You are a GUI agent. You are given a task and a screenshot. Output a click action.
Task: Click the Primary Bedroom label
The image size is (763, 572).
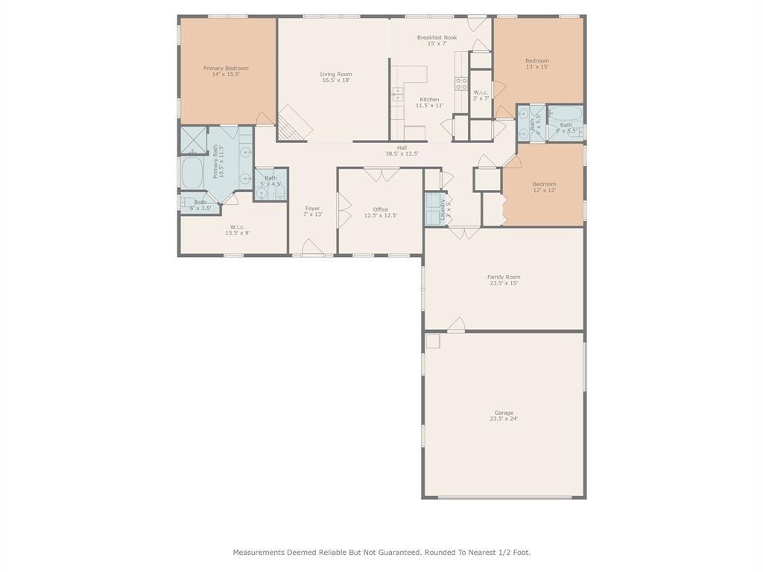coord(226,69)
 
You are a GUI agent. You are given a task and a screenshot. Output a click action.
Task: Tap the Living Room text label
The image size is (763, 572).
coord(336,74)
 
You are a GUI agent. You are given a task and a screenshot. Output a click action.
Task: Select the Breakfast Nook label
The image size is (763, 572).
coord(437,37)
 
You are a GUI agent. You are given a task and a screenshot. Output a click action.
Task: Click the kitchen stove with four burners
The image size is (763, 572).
coord(461,83)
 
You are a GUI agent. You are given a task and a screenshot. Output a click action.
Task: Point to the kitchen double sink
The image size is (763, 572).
coord(398,95)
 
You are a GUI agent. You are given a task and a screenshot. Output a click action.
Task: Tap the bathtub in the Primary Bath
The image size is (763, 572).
coord(193,172)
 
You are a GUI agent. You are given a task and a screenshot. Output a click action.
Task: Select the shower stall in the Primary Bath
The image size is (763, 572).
coord(194,140)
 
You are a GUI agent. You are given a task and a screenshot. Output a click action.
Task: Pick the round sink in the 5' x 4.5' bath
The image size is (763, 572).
coord(262,192)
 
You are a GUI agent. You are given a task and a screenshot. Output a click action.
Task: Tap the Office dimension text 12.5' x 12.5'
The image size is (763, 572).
coord(380,216)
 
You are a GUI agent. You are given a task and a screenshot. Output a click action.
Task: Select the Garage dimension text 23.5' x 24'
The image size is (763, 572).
coord(504,419)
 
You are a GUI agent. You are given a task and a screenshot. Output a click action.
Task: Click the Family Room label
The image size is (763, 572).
coord(504,277)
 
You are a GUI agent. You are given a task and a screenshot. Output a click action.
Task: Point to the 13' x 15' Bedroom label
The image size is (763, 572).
coord(536,61)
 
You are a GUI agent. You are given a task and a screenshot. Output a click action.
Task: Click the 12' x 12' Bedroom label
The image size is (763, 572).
coord(544,184)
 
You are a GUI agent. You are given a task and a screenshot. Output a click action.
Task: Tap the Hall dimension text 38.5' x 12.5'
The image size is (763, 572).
coord(402,153)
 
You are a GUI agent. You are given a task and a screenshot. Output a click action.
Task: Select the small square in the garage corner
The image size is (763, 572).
coord(433,341)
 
